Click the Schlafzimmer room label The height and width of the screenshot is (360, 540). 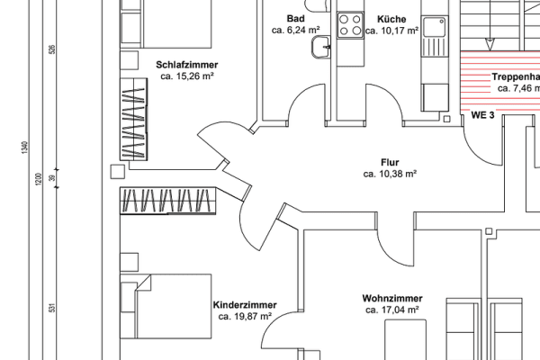pyautogui.click(x=187, y=65)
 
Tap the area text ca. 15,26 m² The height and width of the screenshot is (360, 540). pyautogui.click(x=187, y=76)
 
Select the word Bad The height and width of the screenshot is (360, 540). pyautogui.click(x=295, y=19)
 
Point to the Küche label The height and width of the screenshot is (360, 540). pyautogui.click(x=391, y=19)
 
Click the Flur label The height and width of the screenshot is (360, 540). pyautogui.click(x=389, y=162)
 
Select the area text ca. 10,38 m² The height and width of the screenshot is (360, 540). pyautogui.click(x=389, y=174)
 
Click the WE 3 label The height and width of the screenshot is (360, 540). pyautogui.click(x=483, y=116)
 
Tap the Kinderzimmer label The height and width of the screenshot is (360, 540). pyautogui.click(x=245, y=305)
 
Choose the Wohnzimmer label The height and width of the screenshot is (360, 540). pyautogui.click(x=392, y=298)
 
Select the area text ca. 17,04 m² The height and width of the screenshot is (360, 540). pyautogui.click(x=392, y=310)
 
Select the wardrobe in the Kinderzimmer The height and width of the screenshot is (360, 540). pyautogui.click(x=168, y=201)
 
